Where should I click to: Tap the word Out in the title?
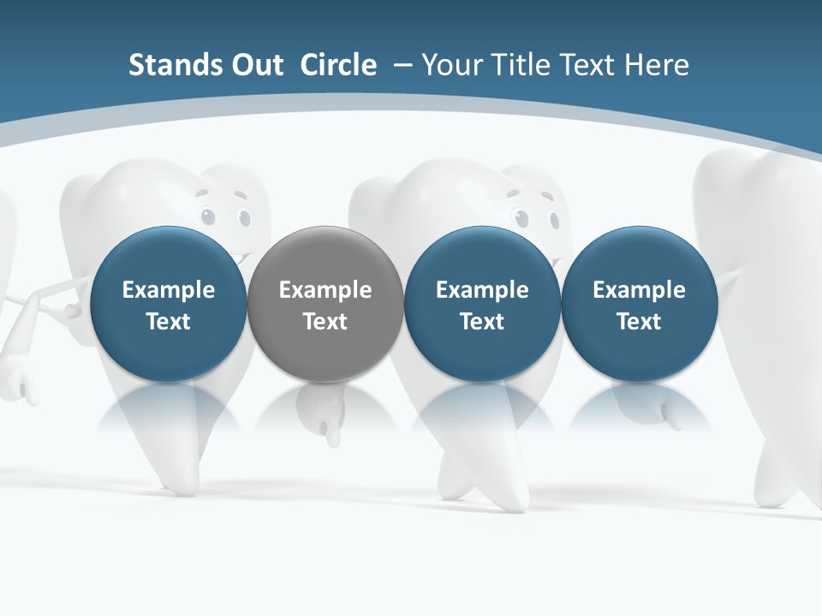pos(254,65)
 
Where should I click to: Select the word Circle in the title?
pos(338,65)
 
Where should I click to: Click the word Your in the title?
pos(451,65)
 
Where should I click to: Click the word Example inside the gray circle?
pos(325,291)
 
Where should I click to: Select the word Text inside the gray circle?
pos(325,322)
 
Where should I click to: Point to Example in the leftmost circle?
pos(168,291)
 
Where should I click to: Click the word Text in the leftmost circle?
pos(168,322)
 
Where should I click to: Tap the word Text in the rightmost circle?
pos(639,322)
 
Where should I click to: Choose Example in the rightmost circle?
pos(639,291)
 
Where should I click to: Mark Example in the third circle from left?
pos(482,291)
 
